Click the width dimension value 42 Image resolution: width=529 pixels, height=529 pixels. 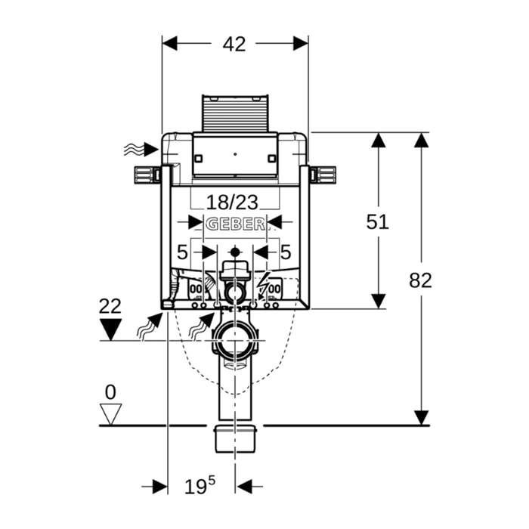pyautogui.click(x=235, y=44)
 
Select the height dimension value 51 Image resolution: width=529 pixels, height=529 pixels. pyautogui.click(x=377, y=221)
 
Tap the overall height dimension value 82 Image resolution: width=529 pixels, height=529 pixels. pyautogui.click(x=421, y=280)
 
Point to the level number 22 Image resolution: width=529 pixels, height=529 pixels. pyautogui.click(x=110, y=306)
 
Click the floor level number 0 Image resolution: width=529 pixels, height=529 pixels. pyautogui.click(x=110, y=392)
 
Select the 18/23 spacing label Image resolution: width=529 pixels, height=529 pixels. pyautogui.click(x=234, y=202)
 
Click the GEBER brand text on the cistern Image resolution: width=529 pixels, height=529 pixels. pyautogui.click(x=235, y=223)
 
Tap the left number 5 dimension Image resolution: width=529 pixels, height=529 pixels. pyautogui.click(x=181, y=251)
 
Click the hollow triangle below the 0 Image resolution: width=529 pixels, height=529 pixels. pyautogui.click(x=111, y=413)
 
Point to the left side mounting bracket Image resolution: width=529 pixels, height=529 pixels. pyautogui.click(x=147, y=174)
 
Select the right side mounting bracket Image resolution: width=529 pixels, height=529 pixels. pyautogui.click(x=323, y=174)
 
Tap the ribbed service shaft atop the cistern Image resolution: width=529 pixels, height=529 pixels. pyautogui.click(x=234, y=113)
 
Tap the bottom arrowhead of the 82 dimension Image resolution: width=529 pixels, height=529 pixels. pyautogui.click(x=421, y=417)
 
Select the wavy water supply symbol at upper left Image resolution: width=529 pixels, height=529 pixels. pyautogui.click(x=133, y=150)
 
